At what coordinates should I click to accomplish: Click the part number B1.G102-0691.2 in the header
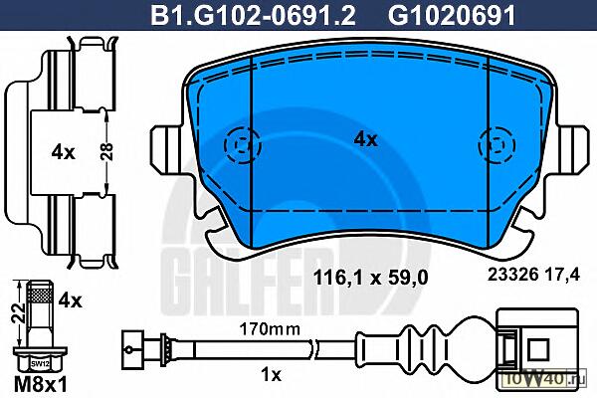point(253,16)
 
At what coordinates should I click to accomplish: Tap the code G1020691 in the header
point(452,16)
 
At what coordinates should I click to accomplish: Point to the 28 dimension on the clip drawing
point(107,151)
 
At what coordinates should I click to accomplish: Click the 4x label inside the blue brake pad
point(365,139)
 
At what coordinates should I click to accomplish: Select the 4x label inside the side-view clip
point(64,152)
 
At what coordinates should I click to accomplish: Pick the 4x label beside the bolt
point(70,300)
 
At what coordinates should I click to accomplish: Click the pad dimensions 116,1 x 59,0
point(370,278)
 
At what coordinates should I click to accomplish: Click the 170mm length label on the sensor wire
point(270,328)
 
